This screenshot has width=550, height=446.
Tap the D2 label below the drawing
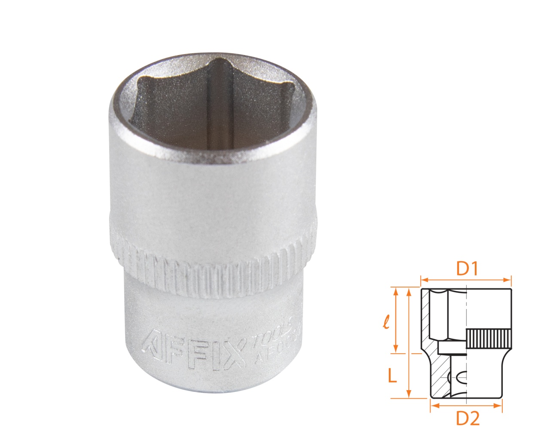tap(467, 418)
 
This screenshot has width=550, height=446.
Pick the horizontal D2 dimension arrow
tap(466, 405)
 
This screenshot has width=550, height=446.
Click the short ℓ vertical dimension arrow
tap(395, 320)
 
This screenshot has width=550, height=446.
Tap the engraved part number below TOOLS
tap(284, 348)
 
